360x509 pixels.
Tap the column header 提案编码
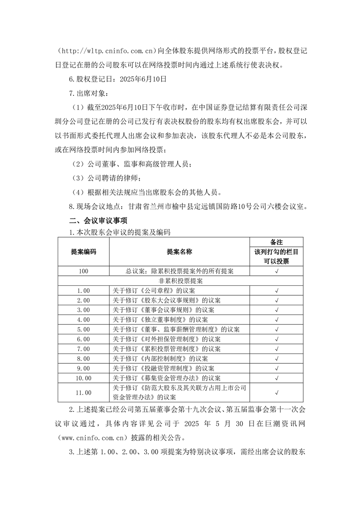[x=83, y=251]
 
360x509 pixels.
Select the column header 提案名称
[x=180, y=251]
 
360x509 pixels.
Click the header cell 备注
[x=277, y=242]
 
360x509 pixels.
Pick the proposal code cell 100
[x=83, y=271]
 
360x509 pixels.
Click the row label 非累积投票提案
[x=180, y=281]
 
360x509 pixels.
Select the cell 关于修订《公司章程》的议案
[x=154, y=290]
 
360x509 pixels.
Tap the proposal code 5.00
[x=83, y=329]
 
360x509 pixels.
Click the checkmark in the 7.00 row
[x=277, y=348]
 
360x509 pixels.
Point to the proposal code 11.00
[x=83, y=392]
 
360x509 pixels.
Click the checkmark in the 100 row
[x=277, y=271]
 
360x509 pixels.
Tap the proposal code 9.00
[x=83, y=368]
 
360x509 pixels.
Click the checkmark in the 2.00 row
[x=277, y=300]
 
